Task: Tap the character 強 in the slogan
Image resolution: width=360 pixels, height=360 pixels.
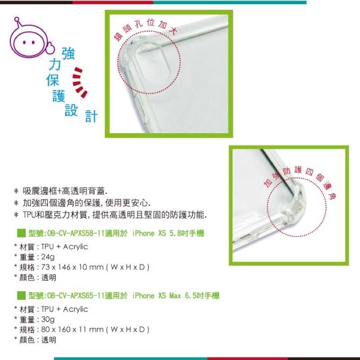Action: click(67, 54)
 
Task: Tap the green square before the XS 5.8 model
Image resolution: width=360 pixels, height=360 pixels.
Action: click(20, 233)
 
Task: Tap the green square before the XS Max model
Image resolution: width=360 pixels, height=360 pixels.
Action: click(20, 296)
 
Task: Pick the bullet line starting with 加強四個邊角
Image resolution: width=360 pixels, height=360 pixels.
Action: click(85, 203)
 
